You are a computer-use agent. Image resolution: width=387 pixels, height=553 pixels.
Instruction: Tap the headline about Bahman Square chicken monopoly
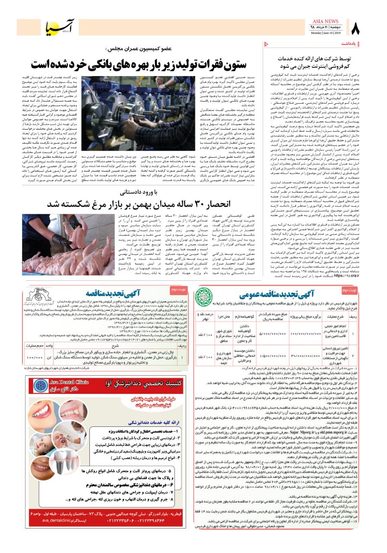[139, 203]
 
